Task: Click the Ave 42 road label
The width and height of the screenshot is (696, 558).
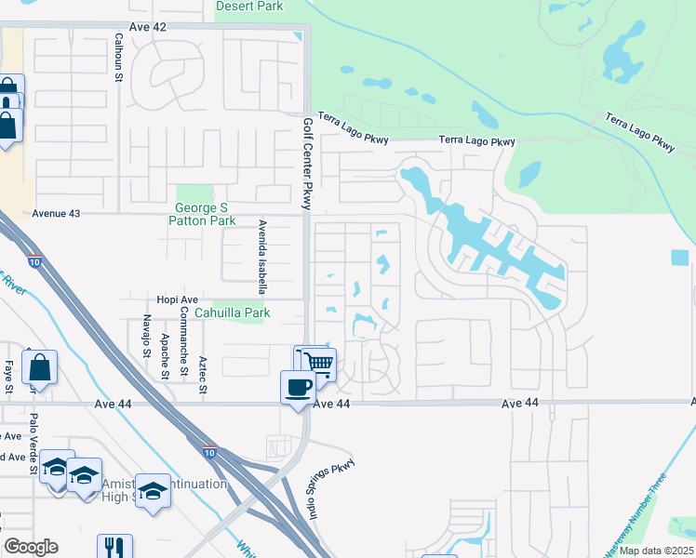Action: [x=148, y=27]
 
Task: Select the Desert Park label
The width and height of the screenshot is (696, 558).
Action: [x=248, y=6]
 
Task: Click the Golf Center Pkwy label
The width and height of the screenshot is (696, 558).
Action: [x=307, y=163]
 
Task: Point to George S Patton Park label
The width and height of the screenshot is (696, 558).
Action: [x=202, y=214]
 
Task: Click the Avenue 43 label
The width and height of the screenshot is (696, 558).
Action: [x=57, y=213]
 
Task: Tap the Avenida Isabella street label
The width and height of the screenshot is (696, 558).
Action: [x=263, y=249]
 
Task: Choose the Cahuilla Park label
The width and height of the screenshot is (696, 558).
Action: [x=240, y=313]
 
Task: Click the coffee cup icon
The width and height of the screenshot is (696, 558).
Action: [x=298, y=385]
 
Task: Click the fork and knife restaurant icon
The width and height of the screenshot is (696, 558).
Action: [x=114, y=546]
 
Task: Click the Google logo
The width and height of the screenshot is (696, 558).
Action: [x=31, y=547]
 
